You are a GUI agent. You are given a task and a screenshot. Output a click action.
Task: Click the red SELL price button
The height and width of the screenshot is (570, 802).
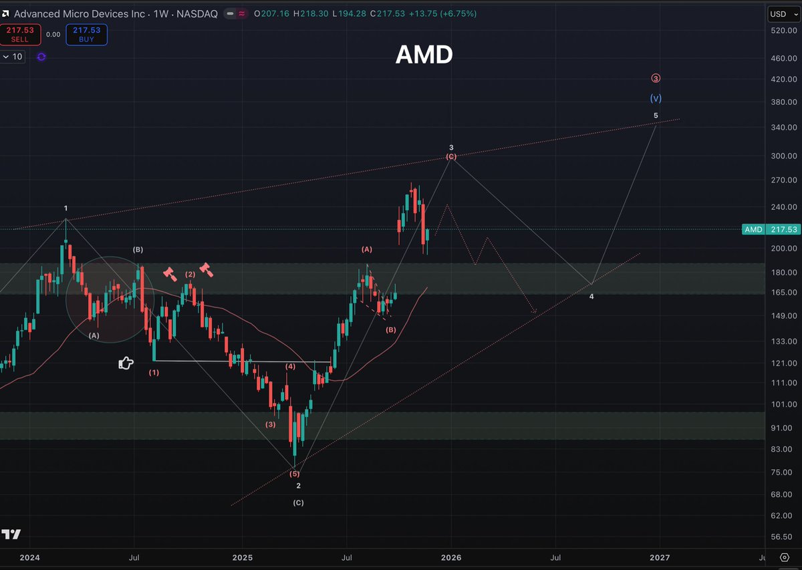21,34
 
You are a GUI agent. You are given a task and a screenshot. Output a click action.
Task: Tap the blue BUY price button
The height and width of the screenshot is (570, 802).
87,34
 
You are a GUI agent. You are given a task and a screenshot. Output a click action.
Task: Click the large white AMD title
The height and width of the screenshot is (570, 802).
424,55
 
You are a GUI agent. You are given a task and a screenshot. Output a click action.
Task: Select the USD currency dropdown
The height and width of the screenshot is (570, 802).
781,13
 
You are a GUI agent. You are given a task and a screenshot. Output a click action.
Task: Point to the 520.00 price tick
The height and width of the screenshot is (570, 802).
782,31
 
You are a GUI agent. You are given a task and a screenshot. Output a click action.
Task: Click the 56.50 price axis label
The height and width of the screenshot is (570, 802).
782,537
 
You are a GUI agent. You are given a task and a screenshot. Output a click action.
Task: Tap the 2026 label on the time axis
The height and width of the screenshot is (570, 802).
451,557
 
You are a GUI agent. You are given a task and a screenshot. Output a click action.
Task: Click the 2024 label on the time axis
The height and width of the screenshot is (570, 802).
30,557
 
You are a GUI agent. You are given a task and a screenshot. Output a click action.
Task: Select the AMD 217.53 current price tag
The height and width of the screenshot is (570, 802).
771,229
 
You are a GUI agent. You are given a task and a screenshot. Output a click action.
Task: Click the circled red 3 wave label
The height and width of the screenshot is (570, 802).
656,78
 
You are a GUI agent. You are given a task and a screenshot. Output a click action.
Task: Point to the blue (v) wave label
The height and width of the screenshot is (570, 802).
656,98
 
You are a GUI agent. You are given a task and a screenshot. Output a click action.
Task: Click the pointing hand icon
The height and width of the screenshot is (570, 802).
125,363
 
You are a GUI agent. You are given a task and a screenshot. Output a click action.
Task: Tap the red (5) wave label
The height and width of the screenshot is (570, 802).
295,474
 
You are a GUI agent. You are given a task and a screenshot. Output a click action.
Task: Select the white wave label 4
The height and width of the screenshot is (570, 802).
591,296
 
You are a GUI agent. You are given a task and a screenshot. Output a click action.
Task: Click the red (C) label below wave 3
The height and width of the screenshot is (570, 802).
451,156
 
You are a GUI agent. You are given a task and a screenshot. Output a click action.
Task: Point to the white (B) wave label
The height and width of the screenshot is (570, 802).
138,250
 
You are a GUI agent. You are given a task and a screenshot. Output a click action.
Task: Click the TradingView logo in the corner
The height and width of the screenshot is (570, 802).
11,535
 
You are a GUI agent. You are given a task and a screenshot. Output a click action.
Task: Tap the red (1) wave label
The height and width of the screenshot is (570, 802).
154,372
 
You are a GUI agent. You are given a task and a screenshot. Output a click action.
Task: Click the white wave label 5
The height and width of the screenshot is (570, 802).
656,116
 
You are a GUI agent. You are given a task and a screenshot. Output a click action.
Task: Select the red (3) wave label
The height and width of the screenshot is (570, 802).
270,424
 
